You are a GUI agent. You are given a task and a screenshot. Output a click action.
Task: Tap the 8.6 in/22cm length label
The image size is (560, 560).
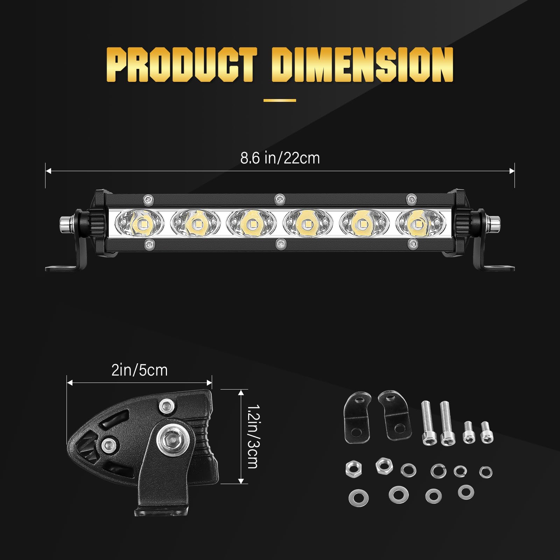(280, 158)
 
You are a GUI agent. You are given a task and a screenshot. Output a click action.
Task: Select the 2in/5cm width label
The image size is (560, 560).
(139, 370)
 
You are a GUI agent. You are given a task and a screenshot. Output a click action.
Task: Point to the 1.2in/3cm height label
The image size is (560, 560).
(253, 436)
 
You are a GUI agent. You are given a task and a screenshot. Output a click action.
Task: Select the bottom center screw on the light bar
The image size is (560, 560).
(280, 244)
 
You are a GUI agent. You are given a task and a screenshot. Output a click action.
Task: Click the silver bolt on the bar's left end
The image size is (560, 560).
(65, 223)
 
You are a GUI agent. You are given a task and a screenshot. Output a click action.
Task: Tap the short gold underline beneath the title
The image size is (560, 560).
(280, 100)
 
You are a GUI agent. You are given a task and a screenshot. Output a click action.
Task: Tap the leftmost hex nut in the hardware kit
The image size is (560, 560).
(353, 469)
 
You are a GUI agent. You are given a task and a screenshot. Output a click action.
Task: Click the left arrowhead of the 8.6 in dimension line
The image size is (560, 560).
(48, 171)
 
